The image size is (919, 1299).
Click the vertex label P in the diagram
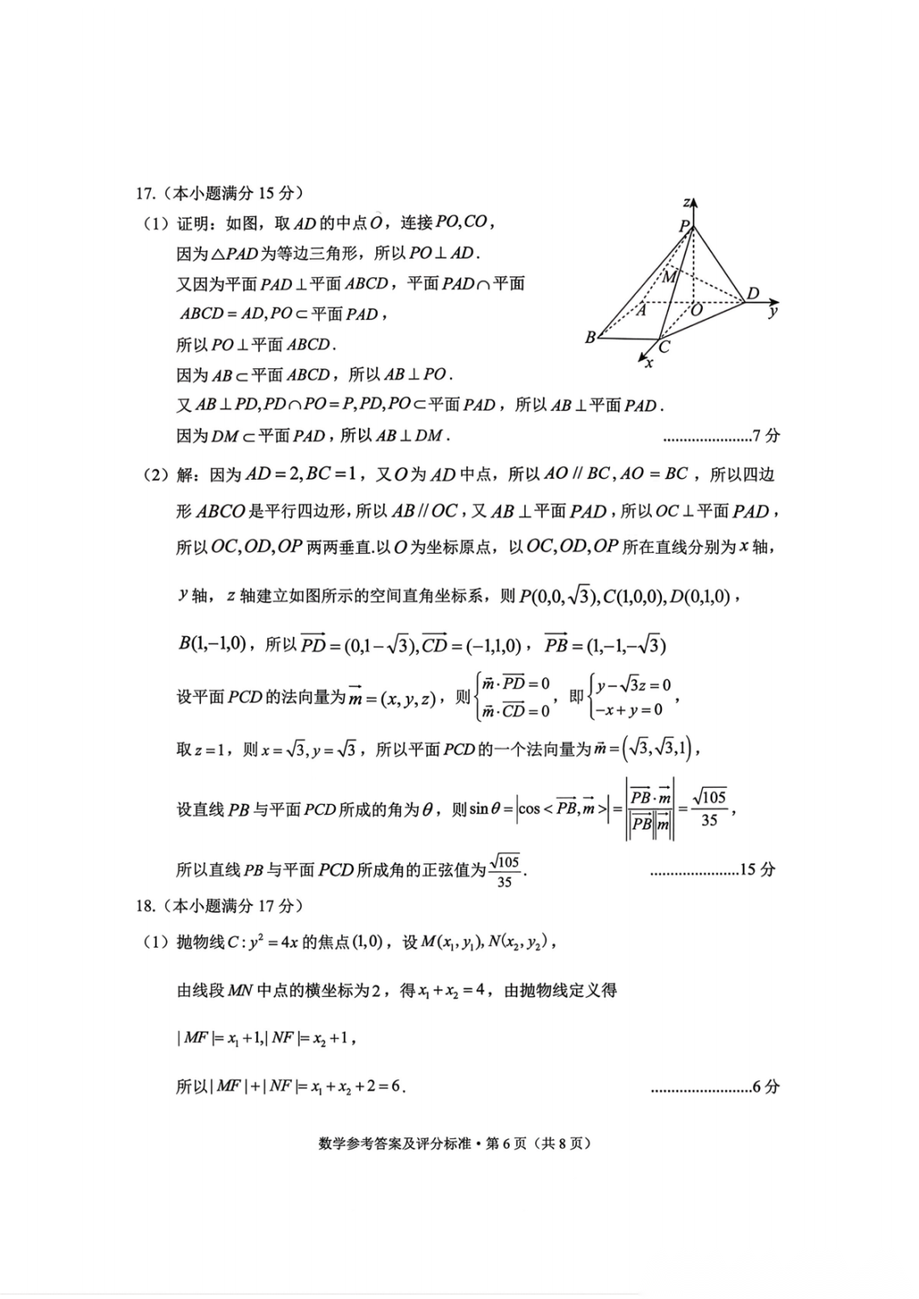tap(683, 225)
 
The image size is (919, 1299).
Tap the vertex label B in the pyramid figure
tap(591, 338)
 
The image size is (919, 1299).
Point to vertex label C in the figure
tap(665, 346)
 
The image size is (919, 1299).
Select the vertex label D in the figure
tap(752, 294)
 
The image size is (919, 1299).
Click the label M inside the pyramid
tap(670, 276)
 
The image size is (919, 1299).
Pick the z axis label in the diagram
tap(686, 202)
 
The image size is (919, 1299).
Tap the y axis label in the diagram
tap(773, 311)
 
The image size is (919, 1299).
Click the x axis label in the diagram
tap(649, 363)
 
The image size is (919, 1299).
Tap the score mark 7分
tap(766, 436)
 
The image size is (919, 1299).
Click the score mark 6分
tap(766, 1086)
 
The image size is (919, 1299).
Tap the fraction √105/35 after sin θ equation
tap(709, 808)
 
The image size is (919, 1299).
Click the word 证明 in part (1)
tap(192, 223)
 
